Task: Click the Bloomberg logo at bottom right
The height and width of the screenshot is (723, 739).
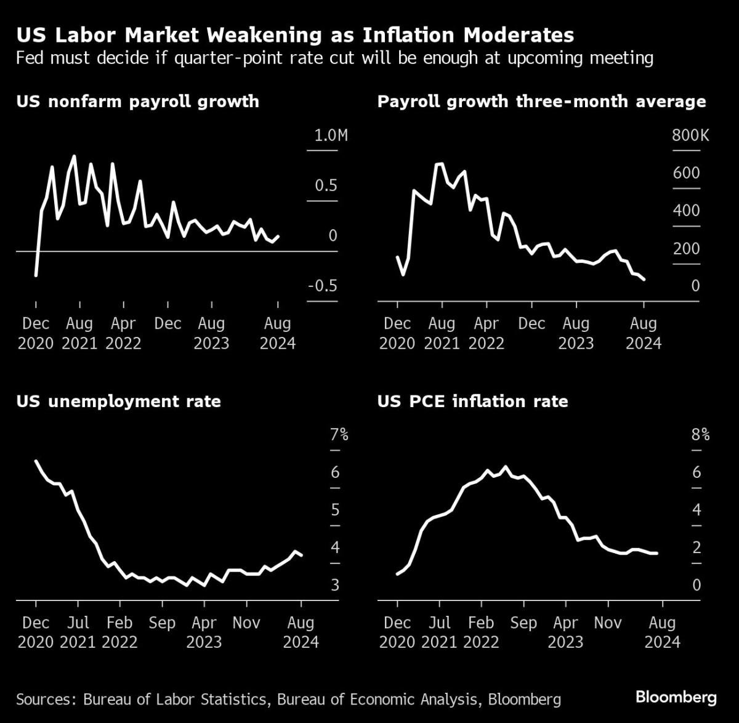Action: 676,697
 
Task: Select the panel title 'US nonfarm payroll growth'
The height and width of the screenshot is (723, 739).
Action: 137,101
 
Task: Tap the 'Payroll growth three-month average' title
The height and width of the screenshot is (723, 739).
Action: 541,101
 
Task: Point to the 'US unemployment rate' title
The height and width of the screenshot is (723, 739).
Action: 118,402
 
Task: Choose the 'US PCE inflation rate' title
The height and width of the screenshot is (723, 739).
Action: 472,402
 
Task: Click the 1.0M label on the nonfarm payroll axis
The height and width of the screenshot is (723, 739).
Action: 331,135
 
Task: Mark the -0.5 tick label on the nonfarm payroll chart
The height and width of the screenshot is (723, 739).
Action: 323,286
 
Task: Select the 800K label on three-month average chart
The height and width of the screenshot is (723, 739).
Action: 690,135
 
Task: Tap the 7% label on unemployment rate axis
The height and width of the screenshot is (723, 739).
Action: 339,435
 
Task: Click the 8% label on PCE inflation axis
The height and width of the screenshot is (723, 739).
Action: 700,435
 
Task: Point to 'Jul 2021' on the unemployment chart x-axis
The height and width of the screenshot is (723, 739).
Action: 78,632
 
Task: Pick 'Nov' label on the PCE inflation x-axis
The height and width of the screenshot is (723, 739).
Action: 607,623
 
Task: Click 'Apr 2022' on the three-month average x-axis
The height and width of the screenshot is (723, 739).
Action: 487,333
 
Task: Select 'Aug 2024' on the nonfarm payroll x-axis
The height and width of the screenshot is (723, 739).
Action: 278,333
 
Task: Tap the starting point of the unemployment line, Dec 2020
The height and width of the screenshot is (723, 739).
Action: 36,461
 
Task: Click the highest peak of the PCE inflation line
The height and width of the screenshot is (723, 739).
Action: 506,467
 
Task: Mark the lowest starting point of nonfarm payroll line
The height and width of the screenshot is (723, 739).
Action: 36,275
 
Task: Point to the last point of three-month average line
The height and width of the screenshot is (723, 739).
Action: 644,280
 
